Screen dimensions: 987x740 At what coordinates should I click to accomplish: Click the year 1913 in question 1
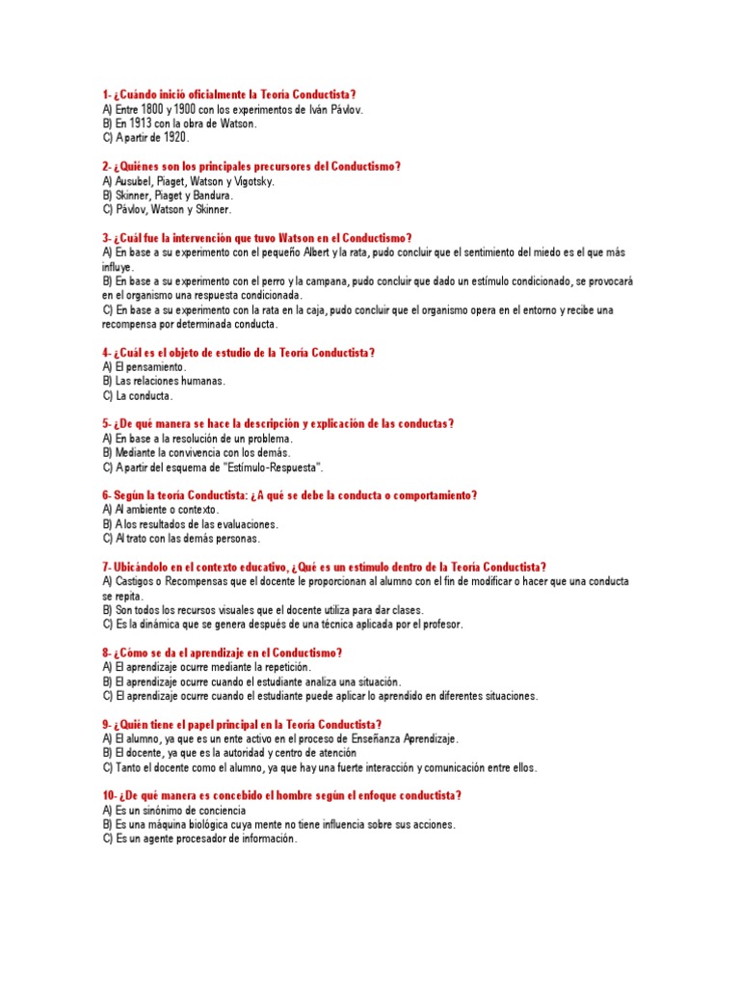137,123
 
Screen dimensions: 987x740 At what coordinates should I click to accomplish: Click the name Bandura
212,196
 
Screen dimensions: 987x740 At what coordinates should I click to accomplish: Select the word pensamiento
149,367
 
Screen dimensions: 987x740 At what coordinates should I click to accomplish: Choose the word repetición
282,667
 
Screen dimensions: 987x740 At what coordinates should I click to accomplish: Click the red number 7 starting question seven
104,567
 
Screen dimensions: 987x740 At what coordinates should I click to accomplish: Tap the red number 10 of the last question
107,796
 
